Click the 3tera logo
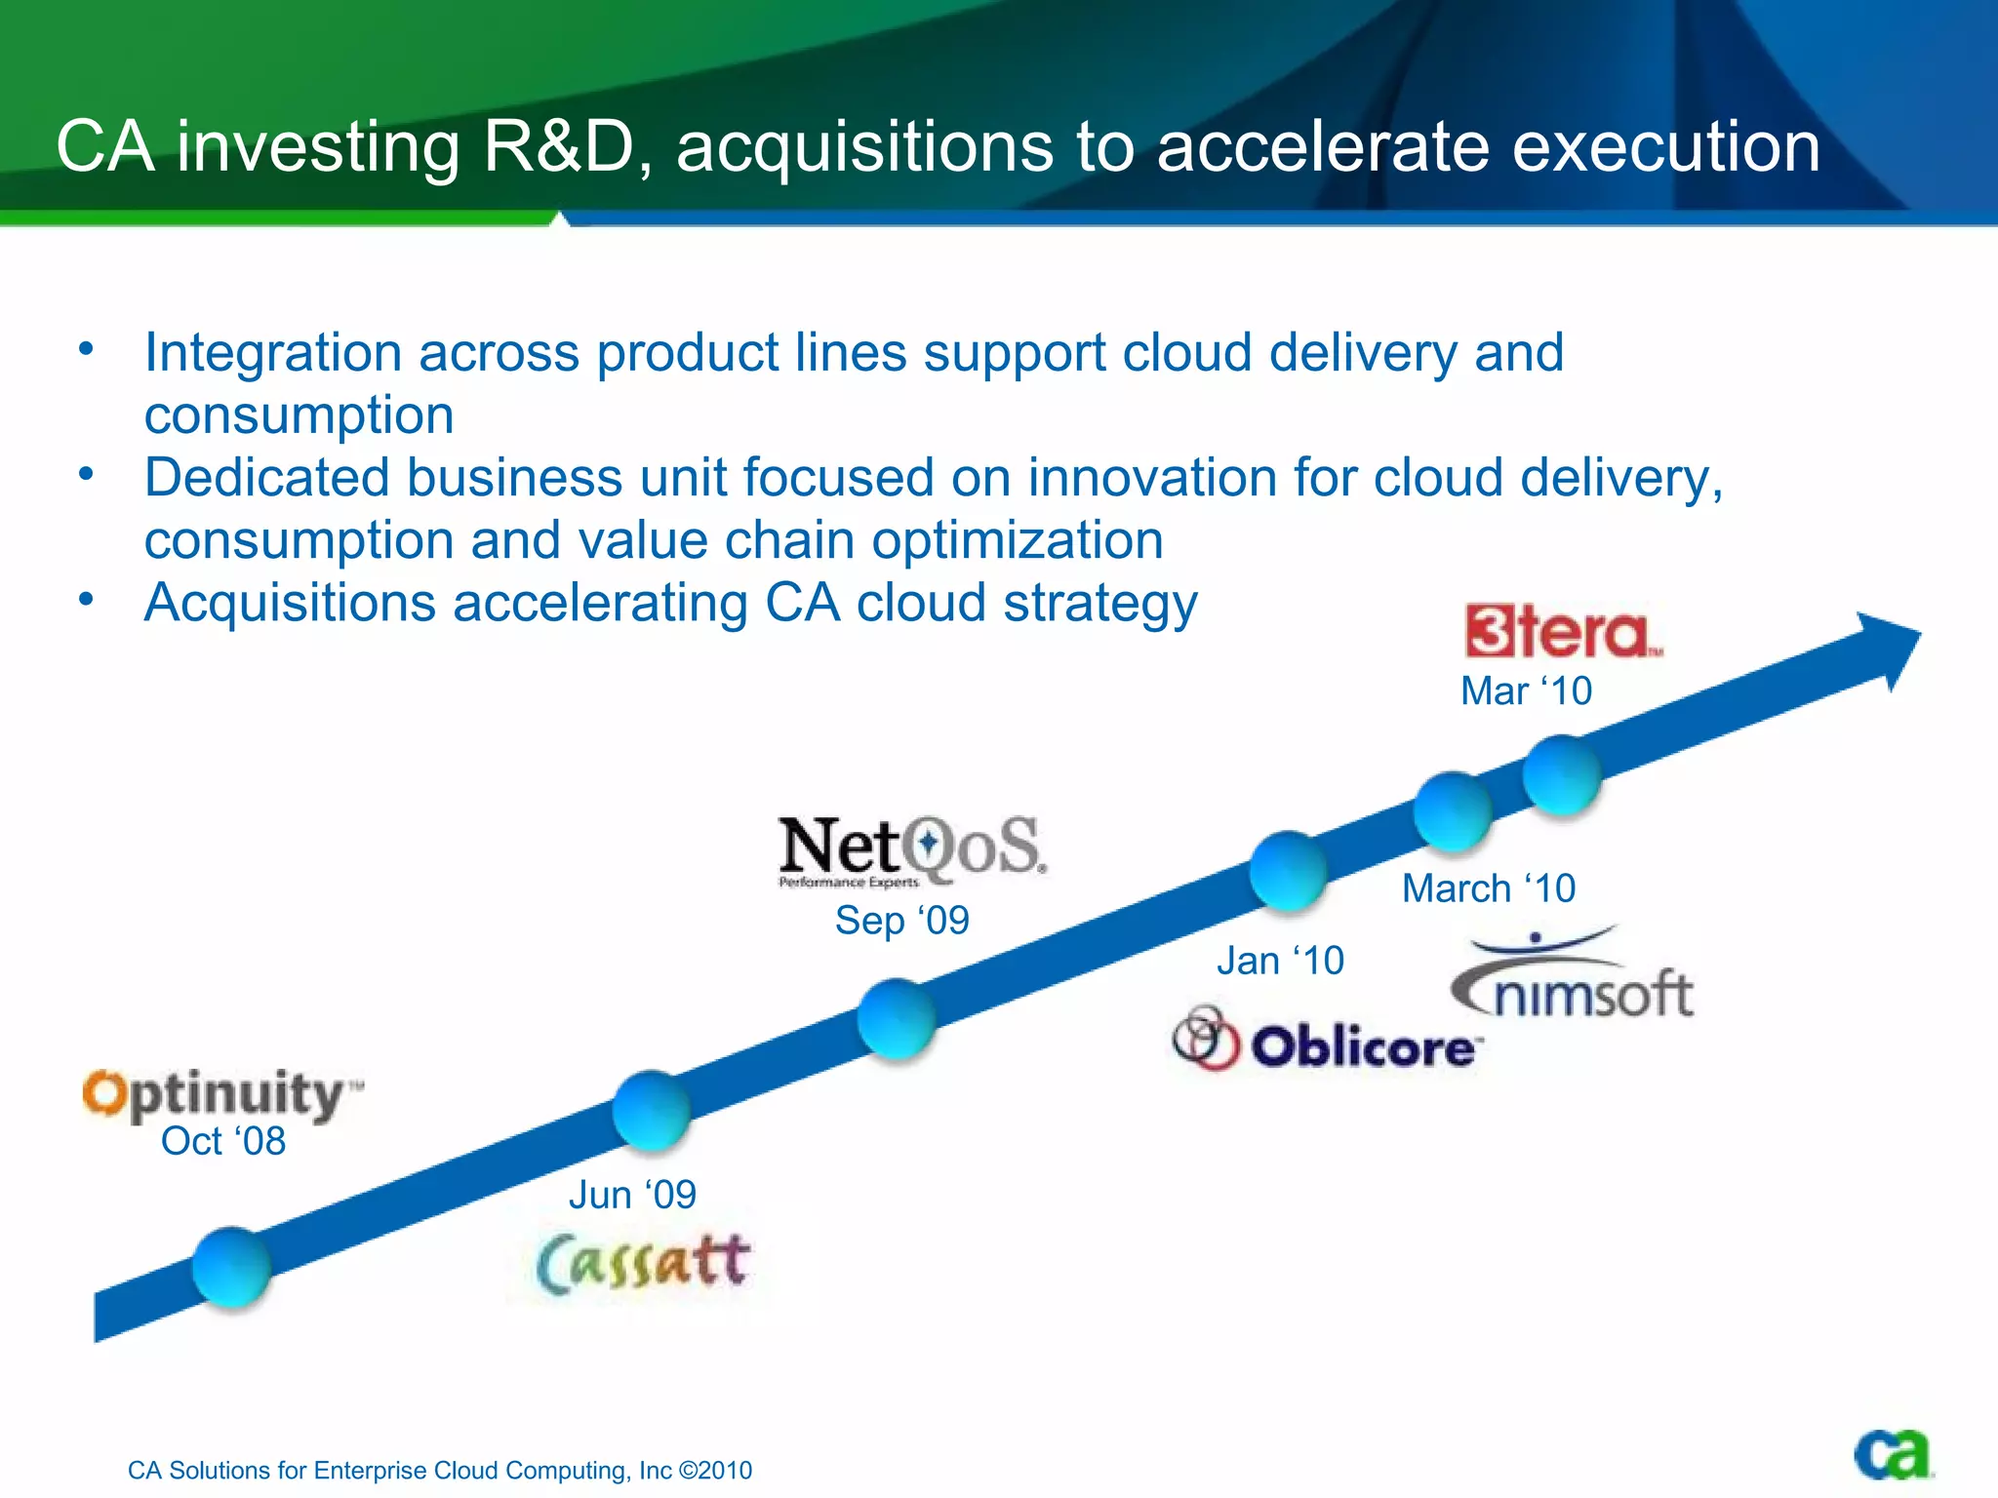(x=1562, y=632)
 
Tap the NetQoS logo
(x=911, y=848)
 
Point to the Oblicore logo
(x=1328, y=1043)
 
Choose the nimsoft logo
(x=1573, y=978)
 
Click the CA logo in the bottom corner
(x=1893, y=1455)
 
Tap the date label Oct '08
(x=223, y=1141)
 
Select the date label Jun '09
(x=632, y=1195)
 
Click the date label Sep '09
(x=901, y=921)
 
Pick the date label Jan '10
(x=1280, y=962)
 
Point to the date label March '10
(x=1489, y=888)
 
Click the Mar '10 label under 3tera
(x=1526, y=691)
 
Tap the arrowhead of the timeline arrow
(x=1888, y=648)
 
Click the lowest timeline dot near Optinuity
(x=231, y=1267)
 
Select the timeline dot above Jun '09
(x=652, y=1110)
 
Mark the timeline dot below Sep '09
(x=897, y=1018)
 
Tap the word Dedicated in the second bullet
(x=266, y=478)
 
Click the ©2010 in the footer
(x=715, y=1471)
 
